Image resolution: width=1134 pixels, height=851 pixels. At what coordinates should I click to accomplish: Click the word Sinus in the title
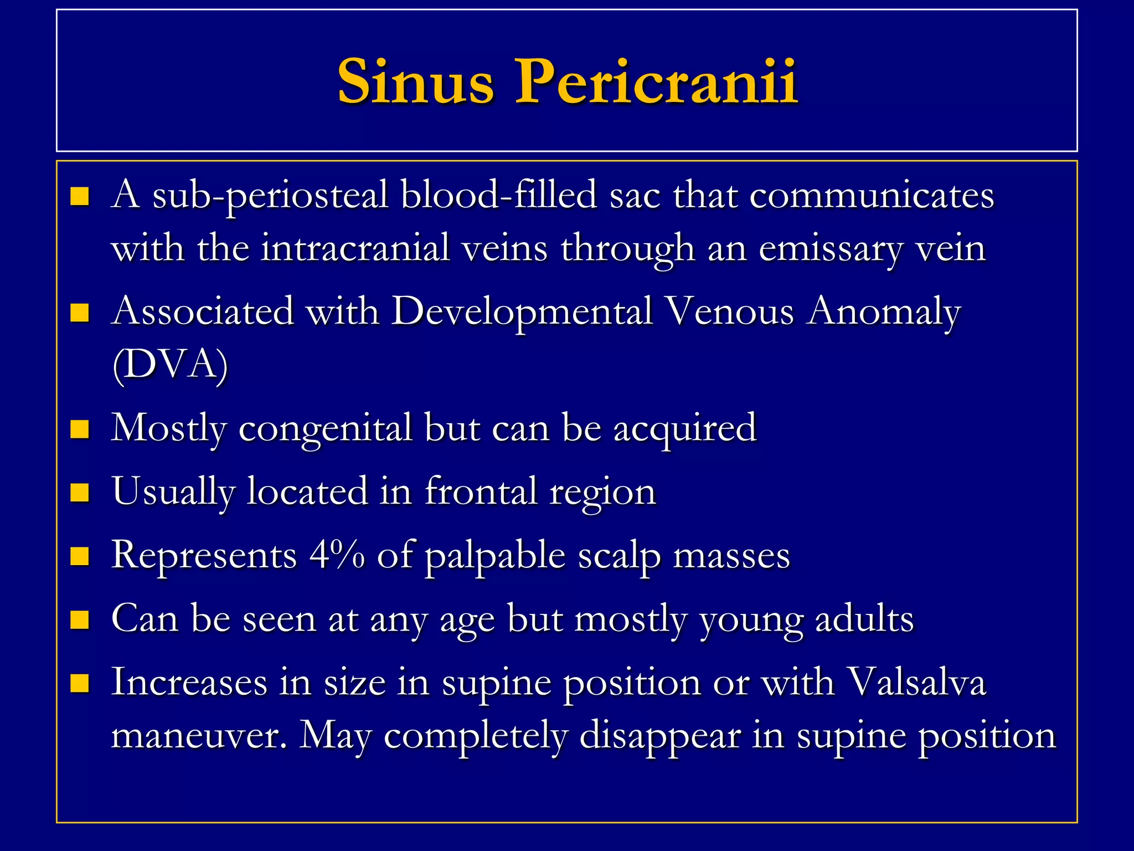(415, 82)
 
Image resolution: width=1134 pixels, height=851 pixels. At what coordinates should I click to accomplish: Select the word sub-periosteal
(270, 196)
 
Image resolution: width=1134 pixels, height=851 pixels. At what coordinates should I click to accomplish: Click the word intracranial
(355, 248)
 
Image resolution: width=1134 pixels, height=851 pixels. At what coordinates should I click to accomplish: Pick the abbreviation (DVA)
(170, 364)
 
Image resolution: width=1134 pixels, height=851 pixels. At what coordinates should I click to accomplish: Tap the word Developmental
(523, 312)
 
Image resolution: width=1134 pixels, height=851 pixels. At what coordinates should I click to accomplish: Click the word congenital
(326, 429)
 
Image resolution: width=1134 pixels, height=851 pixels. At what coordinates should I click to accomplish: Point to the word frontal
(481, 491)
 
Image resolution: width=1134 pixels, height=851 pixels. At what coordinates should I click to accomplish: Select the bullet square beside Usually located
(80, 492)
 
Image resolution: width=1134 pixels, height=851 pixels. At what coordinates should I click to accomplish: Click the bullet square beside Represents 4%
(80, 556)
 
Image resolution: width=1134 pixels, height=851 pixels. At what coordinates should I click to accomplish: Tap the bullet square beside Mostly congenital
(80, 429)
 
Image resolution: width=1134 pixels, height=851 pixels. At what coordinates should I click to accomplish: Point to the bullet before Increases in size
(80, 683)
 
